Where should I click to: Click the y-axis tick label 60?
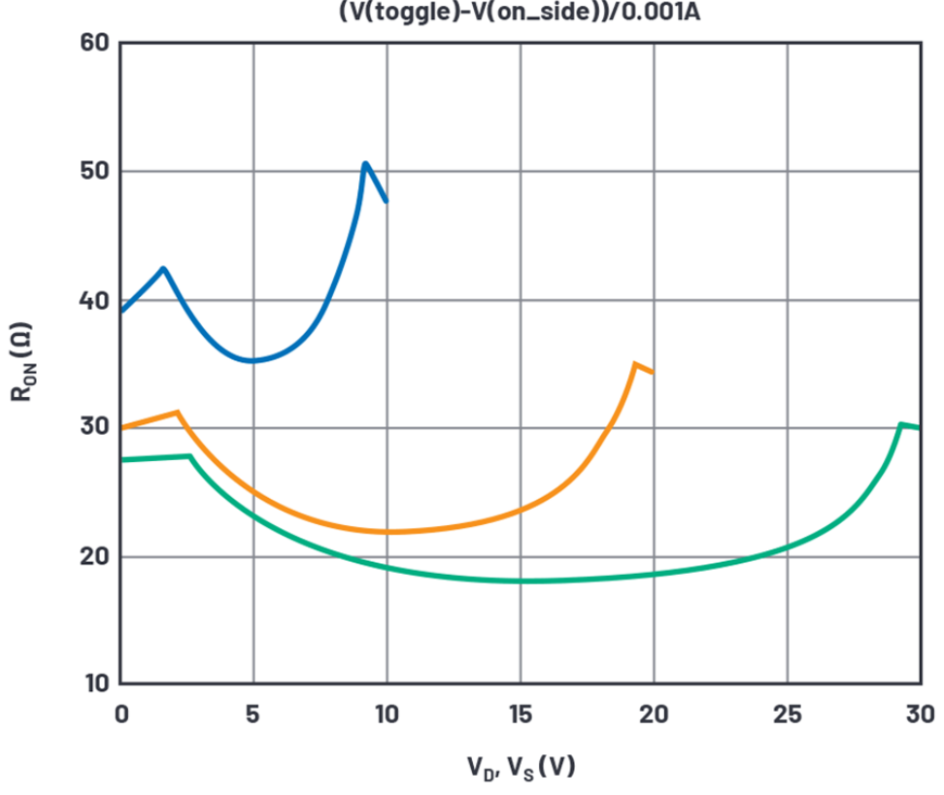[93, 44]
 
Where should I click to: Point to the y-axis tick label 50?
[93, 172]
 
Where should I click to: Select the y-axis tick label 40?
[93, 300]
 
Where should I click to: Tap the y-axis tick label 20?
[93, 557]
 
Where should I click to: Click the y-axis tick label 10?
[93, 684]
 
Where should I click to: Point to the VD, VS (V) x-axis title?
[520, 768]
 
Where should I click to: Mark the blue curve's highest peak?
[365, 163]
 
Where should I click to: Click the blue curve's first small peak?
[163, 268]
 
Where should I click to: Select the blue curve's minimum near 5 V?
[253, 360]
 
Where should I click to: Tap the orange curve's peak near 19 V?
[635, 364]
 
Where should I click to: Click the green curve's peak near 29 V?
[901, 424]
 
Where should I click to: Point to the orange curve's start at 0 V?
[122, 427]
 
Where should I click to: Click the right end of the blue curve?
[387, 201]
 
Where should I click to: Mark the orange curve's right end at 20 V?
[653, 372]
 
